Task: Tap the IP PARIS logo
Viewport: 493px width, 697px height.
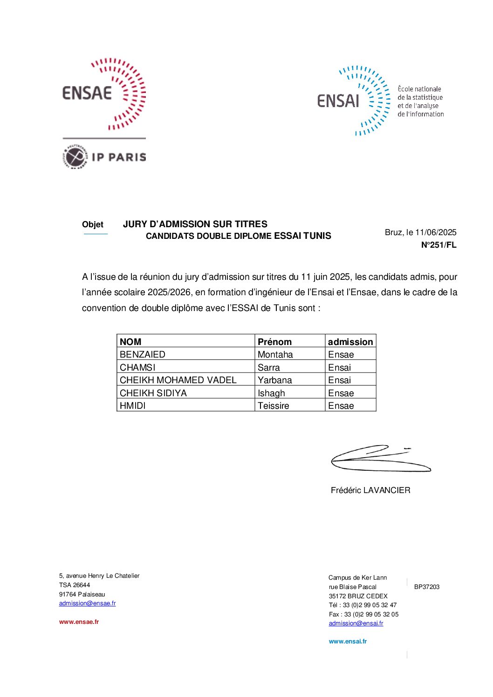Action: click(104, 157)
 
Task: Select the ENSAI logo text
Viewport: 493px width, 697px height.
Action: click(338, 101)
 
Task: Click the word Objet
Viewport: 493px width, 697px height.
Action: click(93, 224)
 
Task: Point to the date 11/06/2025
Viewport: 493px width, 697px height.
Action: click(436, 232)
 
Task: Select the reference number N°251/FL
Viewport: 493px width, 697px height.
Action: click(438, 245)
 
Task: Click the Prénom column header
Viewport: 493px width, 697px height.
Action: click(274, 342)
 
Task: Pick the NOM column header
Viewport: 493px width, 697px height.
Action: click(130, 342)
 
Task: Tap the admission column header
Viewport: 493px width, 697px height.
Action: click(350, 342)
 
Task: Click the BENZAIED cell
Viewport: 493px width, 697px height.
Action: click(143, 354)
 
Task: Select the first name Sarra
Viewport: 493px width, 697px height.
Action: click(269, 367)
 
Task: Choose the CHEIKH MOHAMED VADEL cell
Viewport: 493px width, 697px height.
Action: click(178, 380)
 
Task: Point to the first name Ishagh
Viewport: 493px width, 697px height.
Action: click(271, 393)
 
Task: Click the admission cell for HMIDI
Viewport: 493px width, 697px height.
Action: click(341, 406)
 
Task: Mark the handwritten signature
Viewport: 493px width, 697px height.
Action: click(380, 459)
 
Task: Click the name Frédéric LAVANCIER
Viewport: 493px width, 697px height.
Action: click(370, 490)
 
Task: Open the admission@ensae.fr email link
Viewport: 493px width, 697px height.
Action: click(87, 603)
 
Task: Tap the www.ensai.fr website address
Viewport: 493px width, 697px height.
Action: click(348, 642)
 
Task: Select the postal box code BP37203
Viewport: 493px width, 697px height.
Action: click(427, 587)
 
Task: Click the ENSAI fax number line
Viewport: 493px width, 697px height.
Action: click(363, 615)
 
